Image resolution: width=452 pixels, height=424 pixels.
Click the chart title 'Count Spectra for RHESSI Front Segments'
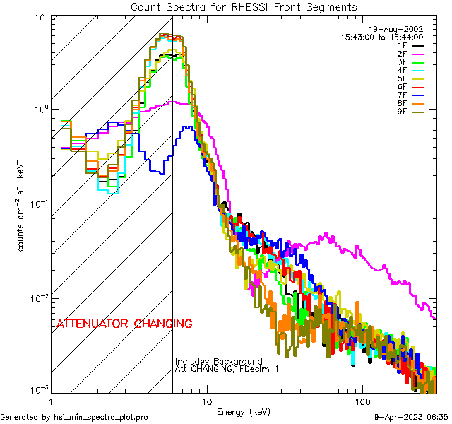point(244,7)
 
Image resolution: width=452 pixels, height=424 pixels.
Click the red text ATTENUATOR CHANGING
point(124,324)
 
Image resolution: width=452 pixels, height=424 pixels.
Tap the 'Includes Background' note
point(218,361)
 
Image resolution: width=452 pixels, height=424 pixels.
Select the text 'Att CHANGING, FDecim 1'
point(227,369)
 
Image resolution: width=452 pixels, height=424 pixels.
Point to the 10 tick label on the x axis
point(206,401)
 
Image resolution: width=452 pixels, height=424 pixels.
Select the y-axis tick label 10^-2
point(35,298)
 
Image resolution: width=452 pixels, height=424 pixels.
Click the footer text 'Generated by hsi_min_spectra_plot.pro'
point(74,418)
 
